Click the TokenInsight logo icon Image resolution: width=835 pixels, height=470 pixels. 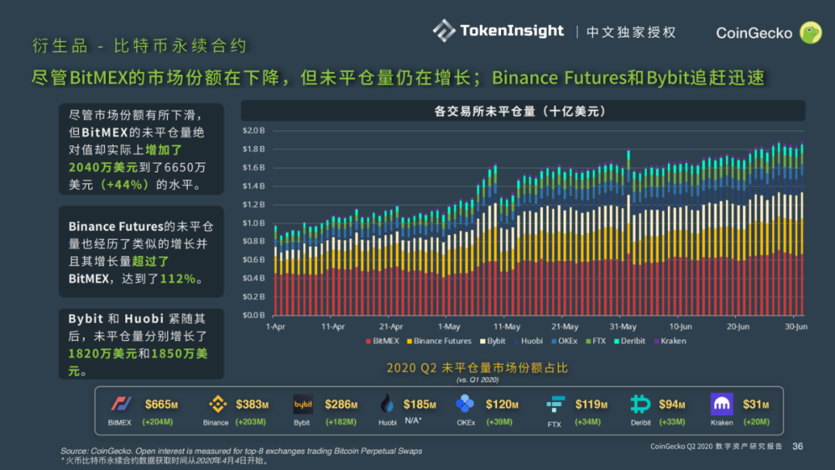click(444, 31)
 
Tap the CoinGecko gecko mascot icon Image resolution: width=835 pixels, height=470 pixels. click(809, 32)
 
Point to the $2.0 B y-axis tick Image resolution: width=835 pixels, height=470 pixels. click(254, 131)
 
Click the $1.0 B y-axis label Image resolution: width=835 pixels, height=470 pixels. click(254, 223)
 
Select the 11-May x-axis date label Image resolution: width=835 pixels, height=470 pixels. click(506, 327)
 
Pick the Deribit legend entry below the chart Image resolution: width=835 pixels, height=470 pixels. click(630, 341)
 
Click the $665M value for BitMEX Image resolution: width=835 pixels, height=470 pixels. click(162, 404)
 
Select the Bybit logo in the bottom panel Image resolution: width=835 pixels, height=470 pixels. click(302, 404)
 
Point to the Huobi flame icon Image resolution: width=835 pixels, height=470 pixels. click(388, 404)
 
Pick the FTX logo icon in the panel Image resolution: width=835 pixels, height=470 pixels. click(554, 404)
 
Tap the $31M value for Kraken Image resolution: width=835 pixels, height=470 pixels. click(756, 404)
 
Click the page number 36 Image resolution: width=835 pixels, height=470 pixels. click(798, 446)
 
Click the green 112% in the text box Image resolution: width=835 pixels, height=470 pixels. click(178, 278)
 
